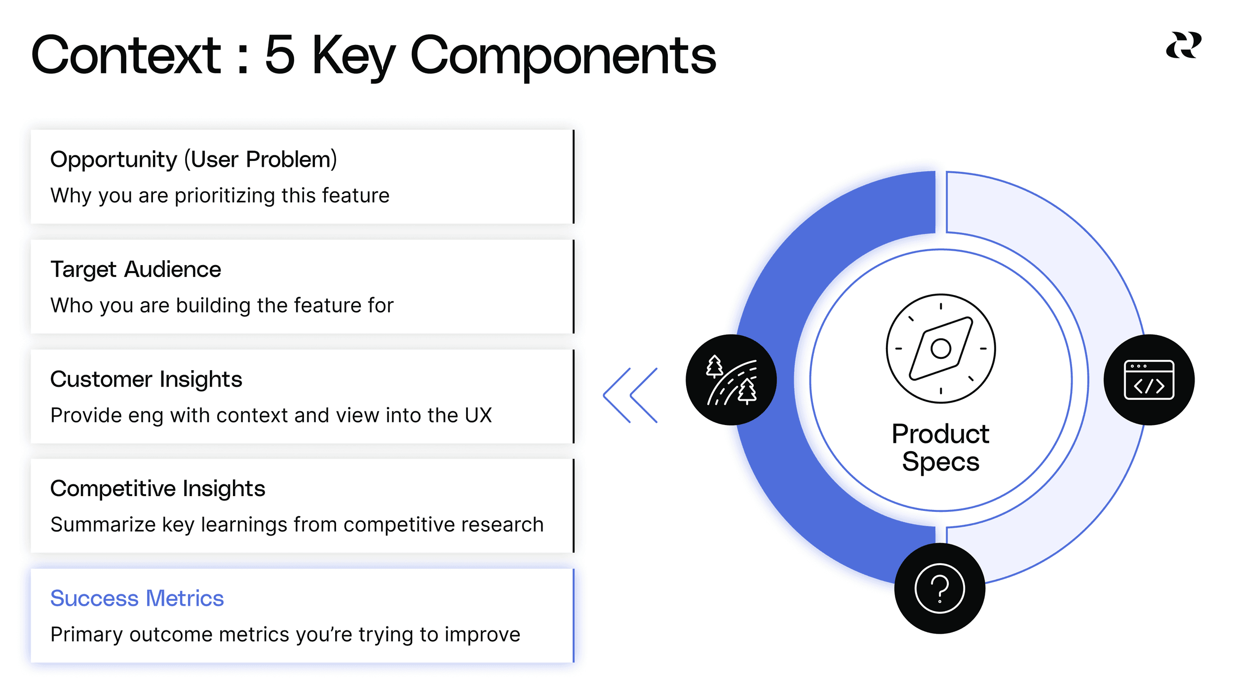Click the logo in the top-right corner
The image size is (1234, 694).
(x=1183, y=45)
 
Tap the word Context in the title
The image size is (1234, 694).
(x=126, y=55)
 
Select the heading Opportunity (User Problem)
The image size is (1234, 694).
(x=193, y=159)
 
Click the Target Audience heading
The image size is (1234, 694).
(x=136, y=270)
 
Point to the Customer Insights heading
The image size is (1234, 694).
(x=146, y=379)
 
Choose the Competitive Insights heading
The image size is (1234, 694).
(x=157, y=489)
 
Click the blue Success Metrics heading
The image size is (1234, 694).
(x=137, y=598)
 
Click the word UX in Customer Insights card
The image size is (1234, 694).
(x=478, y=415)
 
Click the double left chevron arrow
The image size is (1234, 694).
(x=630, y=395)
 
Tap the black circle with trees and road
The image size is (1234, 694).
(x=731, y=380)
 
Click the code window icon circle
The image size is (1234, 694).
(x=1149, y=380)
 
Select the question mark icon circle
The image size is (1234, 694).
(x=939, y=588)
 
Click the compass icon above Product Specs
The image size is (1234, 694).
(x=940, y=348)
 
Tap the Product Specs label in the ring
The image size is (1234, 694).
(x=940, y=448)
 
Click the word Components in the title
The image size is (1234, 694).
(x=563, y=55)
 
